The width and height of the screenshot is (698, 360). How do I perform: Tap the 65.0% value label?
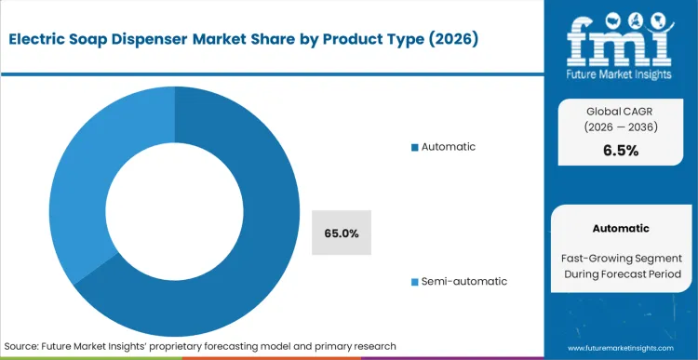(341, 233)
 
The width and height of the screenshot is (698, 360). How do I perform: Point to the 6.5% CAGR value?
(620, 151)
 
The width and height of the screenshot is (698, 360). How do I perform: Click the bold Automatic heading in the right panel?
(620, 228)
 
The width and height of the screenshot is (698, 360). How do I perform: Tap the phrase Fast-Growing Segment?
(620, 257)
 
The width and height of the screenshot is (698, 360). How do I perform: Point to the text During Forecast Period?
(620, 274)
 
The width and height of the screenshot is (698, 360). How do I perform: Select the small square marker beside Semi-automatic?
(415, 281)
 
